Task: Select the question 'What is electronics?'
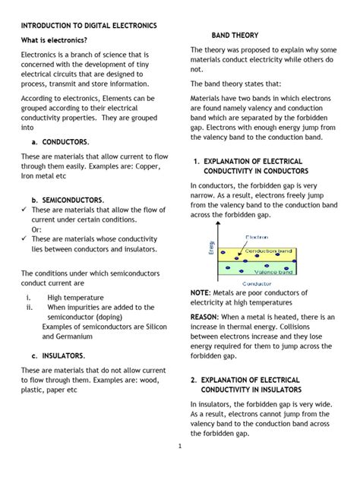tap(53, 40)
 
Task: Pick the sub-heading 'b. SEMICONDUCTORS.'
tap(68, 200)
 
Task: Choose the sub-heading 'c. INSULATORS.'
tap(63, 355)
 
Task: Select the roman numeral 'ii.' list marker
tap(29, 307)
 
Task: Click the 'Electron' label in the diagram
tap(256, 237)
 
